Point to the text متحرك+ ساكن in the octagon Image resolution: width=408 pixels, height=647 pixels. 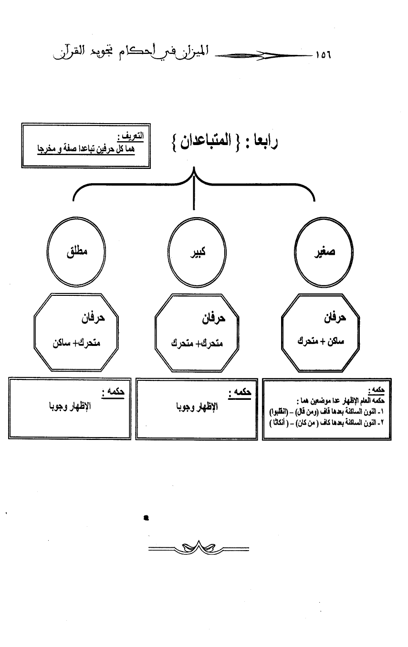click(74, 343)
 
